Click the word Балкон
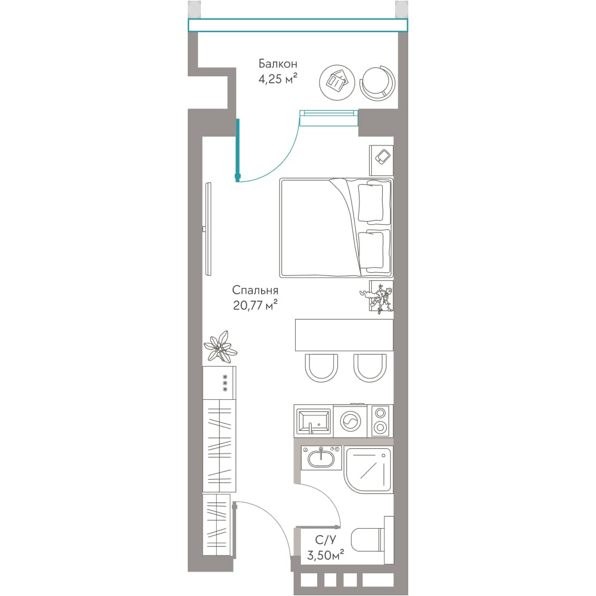[x=278, y=64]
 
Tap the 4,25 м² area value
[x=278, y=79]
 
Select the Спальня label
[x=255, y=290]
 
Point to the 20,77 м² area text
[x=255, y=305]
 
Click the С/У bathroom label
[x=325, y=540]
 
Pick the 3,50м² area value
[x=325, y=555]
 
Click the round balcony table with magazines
[x=337, y=82]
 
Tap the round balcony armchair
[x=377, y=82]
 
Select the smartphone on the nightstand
[x=383, y=157]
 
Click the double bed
[x=336, y=228]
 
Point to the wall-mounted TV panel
[x=208, y=229]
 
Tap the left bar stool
[x=321, y=368]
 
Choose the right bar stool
[x=370, y=368]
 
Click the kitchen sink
[x=313, y=421]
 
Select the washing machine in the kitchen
[x=350, y=421]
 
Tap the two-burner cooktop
[x=380, y=421]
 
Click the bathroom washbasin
[x=322, y=458]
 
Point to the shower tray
[x=368, y=471]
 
